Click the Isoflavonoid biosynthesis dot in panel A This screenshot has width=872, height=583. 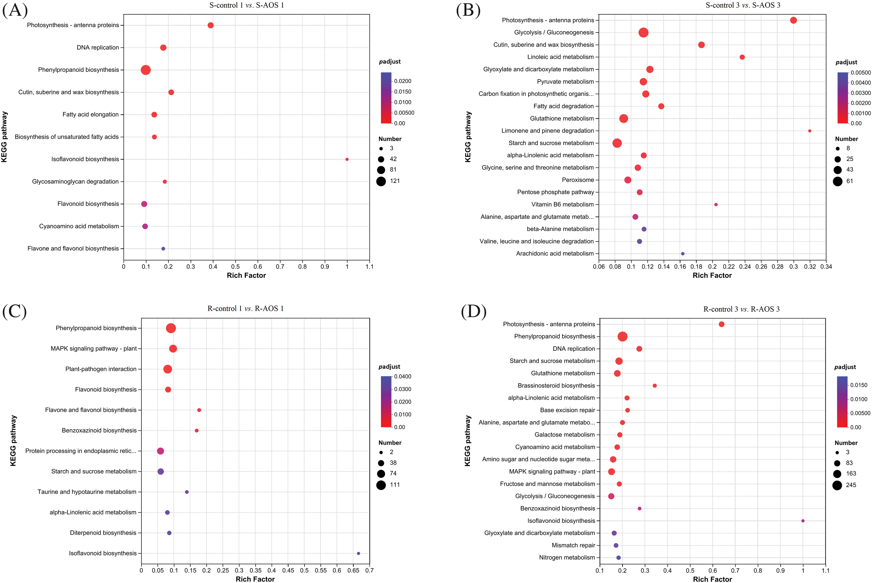(347, 159)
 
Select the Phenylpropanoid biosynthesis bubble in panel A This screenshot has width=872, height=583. (146, 70)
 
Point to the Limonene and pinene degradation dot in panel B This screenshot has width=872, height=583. (810, 131)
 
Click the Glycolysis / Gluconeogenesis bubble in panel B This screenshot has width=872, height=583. (643, 33)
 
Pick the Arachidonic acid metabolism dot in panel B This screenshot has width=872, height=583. (683, 254)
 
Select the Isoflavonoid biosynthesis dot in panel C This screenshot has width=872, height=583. (358, 553)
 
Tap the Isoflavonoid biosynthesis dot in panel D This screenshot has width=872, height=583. (803, 521)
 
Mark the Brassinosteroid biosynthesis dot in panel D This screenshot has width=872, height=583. (655, 386)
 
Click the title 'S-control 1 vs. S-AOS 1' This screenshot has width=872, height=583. (246, 5)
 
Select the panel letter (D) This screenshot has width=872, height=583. (473, 311)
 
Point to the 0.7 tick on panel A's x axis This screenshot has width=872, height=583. (280, 267)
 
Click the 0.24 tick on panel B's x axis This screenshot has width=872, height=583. (745, 267)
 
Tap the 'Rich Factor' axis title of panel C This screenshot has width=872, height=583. (255, 579)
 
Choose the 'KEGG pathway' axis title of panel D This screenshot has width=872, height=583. (467, 441)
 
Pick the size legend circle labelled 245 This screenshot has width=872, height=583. (837, 485)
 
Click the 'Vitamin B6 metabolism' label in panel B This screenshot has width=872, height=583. (562, 204)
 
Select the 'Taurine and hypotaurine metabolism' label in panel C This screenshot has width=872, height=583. (87, 492)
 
